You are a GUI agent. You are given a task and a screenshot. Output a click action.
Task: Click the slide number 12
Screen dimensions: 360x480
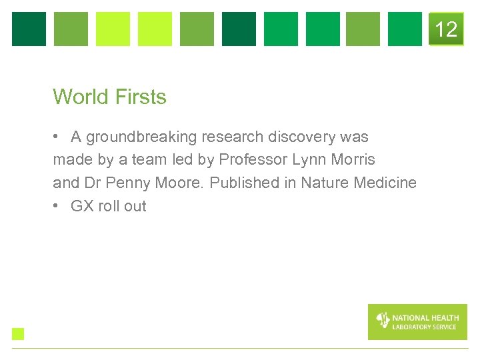(x=446, y=29)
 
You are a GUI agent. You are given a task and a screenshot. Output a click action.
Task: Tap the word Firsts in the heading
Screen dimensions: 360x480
(x=141, y=97)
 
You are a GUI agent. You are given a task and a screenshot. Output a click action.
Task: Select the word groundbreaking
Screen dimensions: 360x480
(x=141, y=137)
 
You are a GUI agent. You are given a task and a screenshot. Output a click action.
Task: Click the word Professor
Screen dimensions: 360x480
(x=253, y=160)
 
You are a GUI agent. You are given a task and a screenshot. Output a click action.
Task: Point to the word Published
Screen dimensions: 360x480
(x=241, y=183)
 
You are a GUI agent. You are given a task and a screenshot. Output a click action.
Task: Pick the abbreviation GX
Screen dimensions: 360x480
(x=82, y=206)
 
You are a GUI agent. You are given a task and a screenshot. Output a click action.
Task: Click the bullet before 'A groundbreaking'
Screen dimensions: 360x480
(x=57, y=137)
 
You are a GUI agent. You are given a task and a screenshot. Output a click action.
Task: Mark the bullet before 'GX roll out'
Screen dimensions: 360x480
(x=57, y=206)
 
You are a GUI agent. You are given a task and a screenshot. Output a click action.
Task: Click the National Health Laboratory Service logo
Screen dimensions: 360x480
(x=417, y=322)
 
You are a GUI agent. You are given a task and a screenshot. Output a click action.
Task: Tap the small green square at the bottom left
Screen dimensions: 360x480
(x=18, y=334)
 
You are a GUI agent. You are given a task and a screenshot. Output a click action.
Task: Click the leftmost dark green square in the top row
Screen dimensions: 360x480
(x=29, y=29)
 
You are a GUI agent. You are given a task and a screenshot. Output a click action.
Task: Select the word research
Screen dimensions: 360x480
(x=233, y=137)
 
